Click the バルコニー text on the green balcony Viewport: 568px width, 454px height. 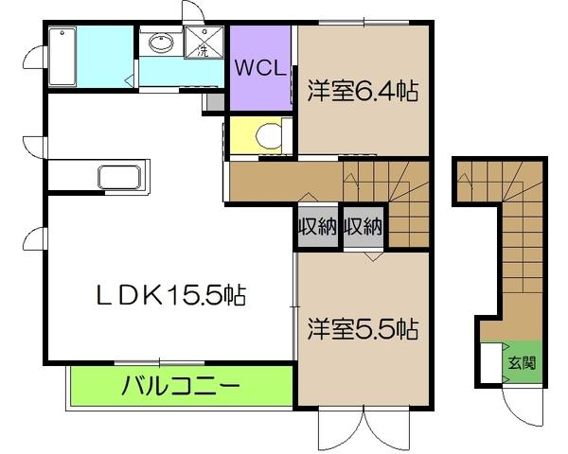tap(180, 386)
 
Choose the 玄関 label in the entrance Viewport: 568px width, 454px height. tap(522, 362)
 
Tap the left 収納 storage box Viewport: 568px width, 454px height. tap(317, 227)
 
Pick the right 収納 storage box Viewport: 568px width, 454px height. tap(363, 227)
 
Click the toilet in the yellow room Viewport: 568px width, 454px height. tap(267, 135)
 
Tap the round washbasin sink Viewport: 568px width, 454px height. tap(159, 42)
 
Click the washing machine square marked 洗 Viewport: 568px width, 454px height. tap(203, 44)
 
